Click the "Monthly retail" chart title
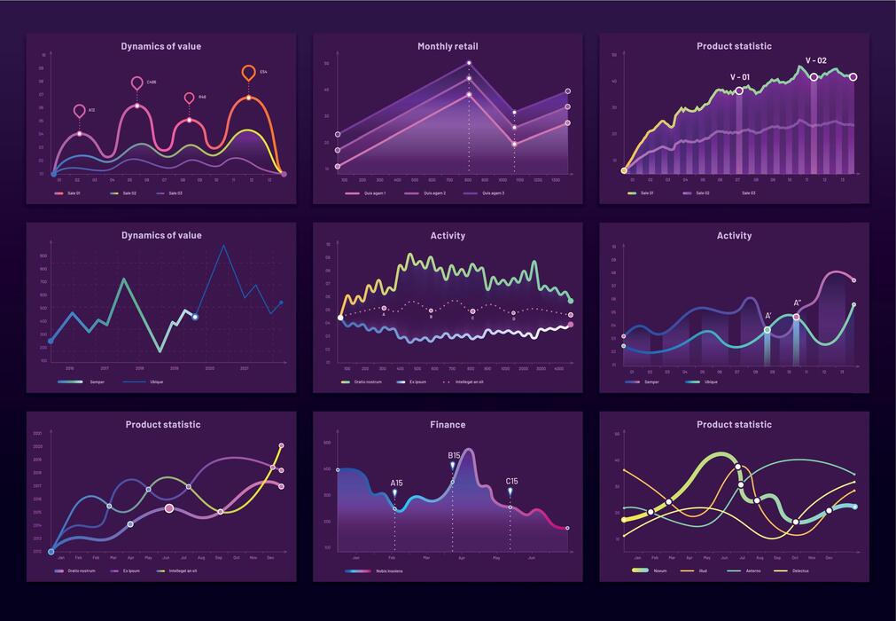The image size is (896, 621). [x=448, y=46]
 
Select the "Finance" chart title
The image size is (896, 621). [x=448, y=425]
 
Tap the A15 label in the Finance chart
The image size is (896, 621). [x=396, y=483]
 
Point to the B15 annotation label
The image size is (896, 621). [x=454, y=455]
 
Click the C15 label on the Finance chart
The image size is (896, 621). [x=511, y=482]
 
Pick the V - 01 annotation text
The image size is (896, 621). [x=739, y=77]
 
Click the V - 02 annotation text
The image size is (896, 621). [x=815, y=61]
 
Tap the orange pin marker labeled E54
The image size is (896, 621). [x=249, y=73]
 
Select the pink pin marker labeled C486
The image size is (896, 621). [x=136, y=83]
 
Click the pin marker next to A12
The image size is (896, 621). [x=80, y=111]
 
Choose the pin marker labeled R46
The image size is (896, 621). [x=189, y=98]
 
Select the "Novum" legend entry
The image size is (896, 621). [x=654, y=571]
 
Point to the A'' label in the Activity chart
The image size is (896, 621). [x=797, y=303]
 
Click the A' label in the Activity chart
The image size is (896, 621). [x=767, y=316]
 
